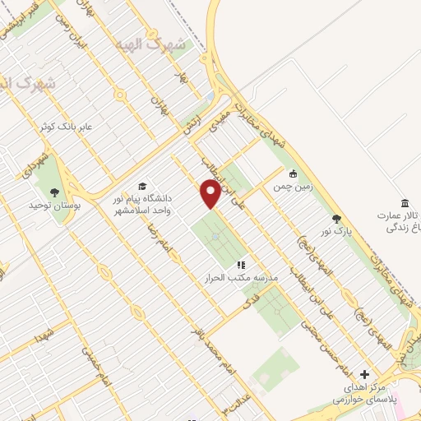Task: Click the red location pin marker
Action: (x=210, y=193)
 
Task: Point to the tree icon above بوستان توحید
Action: (x=54, y=192)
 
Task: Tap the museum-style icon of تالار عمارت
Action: (x=405, y=203)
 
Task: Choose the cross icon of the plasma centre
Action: (x=366, y=374)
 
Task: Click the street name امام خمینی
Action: (x=92, y=366)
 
